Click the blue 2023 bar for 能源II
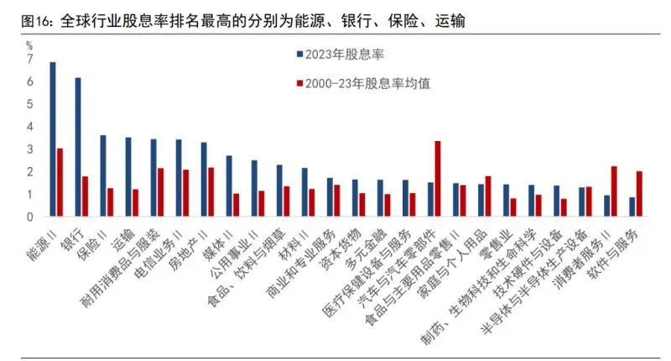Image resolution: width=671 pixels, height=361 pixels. (x=53, y=139)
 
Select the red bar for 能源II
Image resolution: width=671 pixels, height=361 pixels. (x=60, y=182)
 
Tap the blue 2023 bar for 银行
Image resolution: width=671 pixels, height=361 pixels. (x=78, y=147)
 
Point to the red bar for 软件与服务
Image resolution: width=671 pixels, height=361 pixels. (x=639, y=193)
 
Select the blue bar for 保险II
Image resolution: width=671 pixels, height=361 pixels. (x=103, y=175)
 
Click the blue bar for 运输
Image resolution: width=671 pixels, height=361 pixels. (x=128, y=176)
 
